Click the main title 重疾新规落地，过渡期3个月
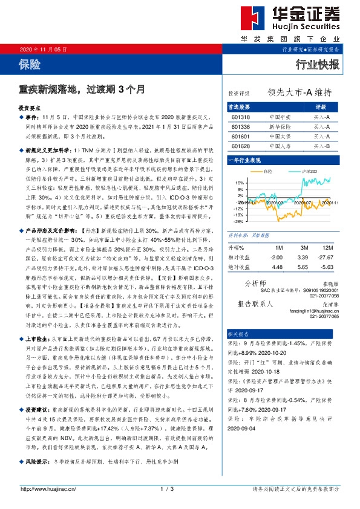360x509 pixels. pyautogui.click(x=82, y=89)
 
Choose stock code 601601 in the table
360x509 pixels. pyautogui.click(x=241, y=137)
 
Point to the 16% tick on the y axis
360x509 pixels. pyautogui.click(x=240, y=182)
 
